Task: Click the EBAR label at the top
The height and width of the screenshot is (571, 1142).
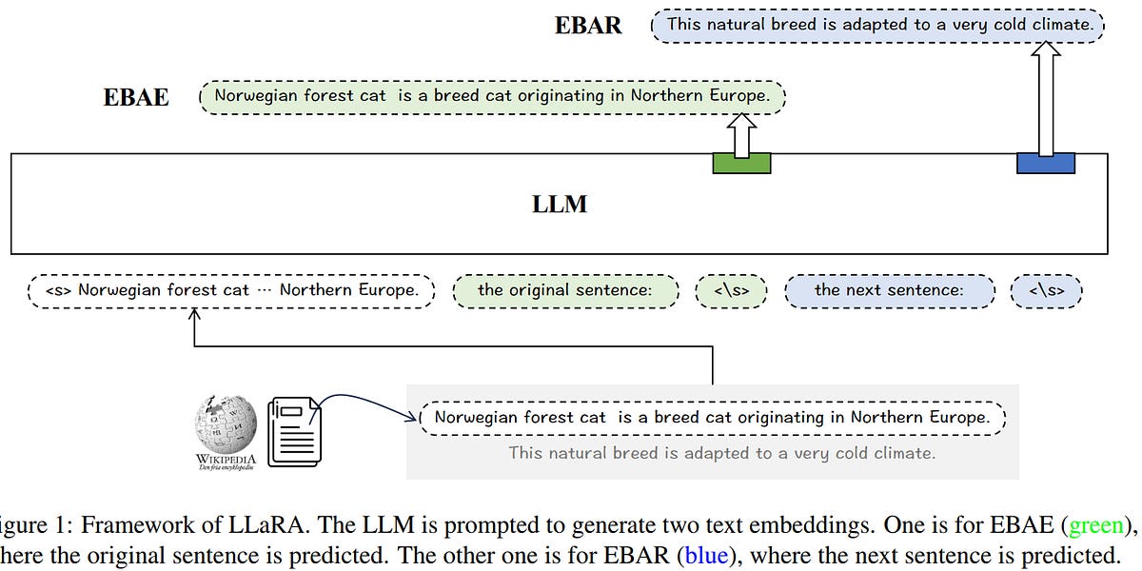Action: [588, 26]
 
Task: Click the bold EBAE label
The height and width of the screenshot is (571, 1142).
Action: [136, 97]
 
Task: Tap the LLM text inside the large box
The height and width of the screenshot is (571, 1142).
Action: [560, 204]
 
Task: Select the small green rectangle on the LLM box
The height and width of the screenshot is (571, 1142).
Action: [741, 163]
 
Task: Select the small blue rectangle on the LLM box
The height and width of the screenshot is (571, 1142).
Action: [1045, 163]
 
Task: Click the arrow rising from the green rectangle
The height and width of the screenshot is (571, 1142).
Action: [741, 133]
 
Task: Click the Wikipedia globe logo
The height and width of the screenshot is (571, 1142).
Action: [226, 425]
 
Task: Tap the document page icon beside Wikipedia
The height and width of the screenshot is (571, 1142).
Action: [294, 431]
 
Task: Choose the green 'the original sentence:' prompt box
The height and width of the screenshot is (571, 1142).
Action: [565, 290]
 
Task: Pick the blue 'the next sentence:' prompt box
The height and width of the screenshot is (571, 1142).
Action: [889, 290]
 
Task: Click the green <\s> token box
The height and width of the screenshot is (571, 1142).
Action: [730, 290]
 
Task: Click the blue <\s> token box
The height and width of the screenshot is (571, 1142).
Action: [1046, 290]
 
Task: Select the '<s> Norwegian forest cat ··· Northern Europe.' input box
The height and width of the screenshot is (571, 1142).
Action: [231, 290]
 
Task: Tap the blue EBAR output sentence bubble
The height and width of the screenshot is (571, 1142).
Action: [877, 25]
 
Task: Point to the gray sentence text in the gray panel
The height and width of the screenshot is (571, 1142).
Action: [721, 453]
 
